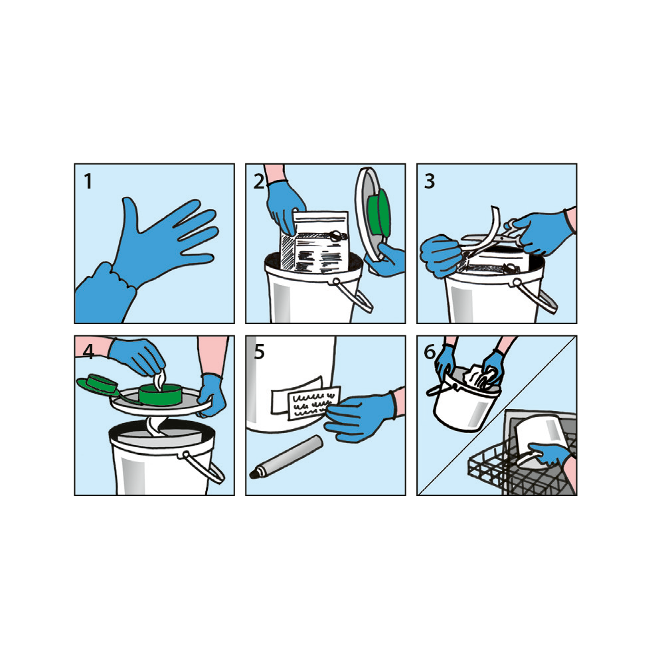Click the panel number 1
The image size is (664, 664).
[88, 181]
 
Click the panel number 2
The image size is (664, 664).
[259, 181]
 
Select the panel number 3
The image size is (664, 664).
[430, 181]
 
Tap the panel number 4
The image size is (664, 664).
[88, 352]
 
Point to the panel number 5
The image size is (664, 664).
[259, 352]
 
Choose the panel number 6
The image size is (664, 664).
[430, 352]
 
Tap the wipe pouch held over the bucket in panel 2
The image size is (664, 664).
[314, 242]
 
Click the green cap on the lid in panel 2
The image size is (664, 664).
[378, 214]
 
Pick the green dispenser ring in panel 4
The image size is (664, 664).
[161, 394]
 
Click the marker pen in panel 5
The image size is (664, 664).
[287, 457]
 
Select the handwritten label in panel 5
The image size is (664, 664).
[314, 403]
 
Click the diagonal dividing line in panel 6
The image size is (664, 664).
[497, 416]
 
